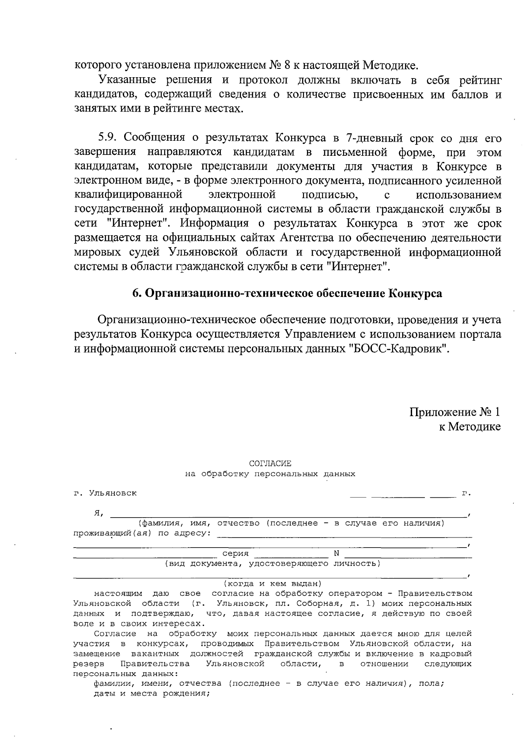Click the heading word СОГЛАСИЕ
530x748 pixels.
click(x=270, y=463)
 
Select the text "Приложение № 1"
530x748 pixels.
click(x=455, y=412)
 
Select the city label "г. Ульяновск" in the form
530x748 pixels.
click(x=105, y=493)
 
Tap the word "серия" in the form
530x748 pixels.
click(x=235, y=553)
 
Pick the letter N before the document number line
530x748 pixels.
click(x=336, y=553)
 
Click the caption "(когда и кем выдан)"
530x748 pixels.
click(x=273, y=583)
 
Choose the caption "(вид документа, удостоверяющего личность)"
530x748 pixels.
click(x=273, y=564)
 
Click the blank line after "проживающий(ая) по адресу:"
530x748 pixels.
click(x=344, y=535)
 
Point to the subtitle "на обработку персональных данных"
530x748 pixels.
click(x=270, y=474)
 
